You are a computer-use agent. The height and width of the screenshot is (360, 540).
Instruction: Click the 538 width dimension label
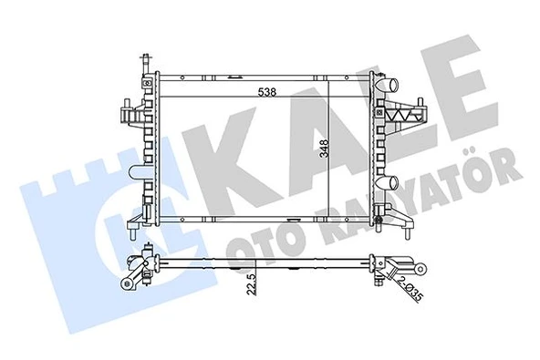(266, 92)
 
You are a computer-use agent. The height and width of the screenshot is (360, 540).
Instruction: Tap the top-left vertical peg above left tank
(143, 64)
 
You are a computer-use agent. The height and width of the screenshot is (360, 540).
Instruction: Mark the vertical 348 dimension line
(315, 150)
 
